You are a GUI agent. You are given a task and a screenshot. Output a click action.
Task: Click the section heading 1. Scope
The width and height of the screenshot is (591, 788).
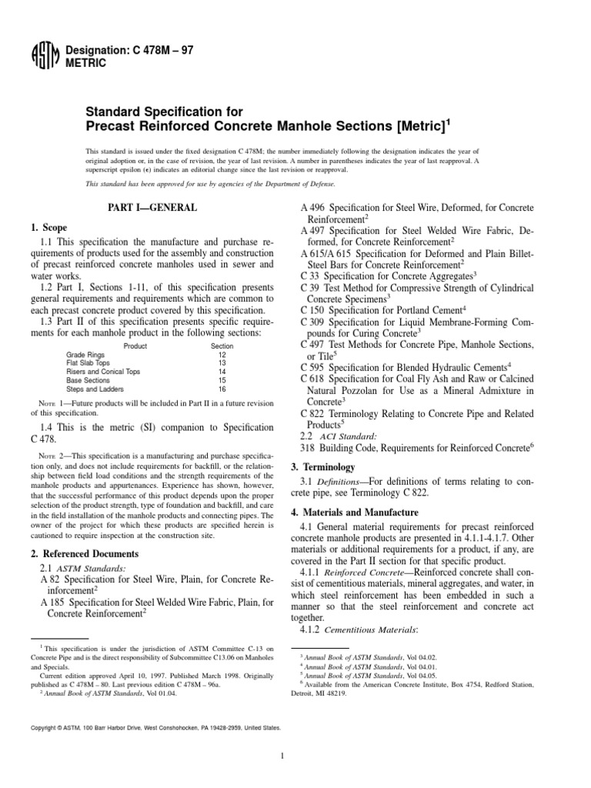click(x=51, y=229)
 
